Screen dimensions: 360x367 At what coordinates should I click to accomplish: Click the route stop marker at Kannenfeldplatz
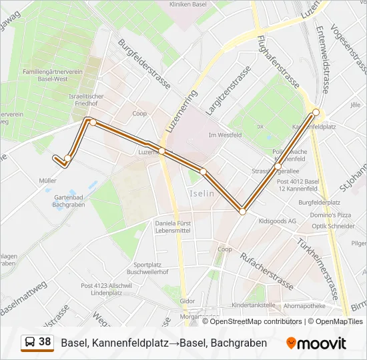[316, 112]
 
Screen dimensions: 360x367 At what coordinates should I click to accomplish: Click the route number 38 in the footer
[45, 342]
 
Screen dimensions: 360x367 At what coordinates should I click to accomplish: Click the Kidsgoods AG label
[281, 220]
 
